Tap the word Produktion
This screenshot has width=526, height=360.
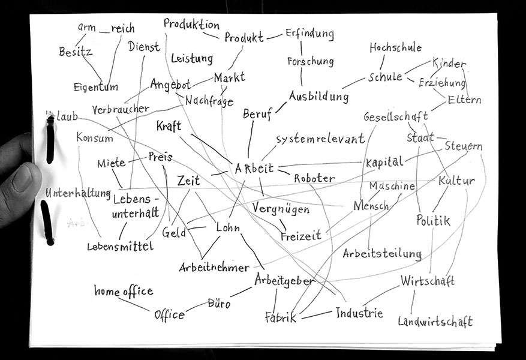191,25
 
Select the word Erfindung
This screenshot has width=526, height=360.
309,33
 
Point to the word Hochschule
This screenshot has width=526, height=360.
395,47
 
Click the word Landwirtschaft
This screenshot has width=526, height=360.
435,321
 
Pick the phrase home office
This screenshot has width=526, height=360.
124,292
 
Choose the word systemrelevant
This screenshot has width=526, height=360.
320,139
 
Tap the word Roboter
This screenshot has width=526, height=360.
314,178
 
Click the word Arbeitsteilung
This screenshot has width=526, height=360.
382,253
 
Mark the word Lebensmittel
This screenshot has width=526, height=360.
120,246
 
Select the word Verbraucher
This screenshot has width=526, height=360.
121,110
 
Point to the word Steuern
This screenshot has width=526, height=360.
464,146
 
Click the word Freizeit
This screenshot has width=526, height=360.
301,235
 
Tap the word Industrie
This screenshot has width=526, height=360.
359,313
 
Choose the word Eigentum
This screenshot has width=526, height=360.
96,87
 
